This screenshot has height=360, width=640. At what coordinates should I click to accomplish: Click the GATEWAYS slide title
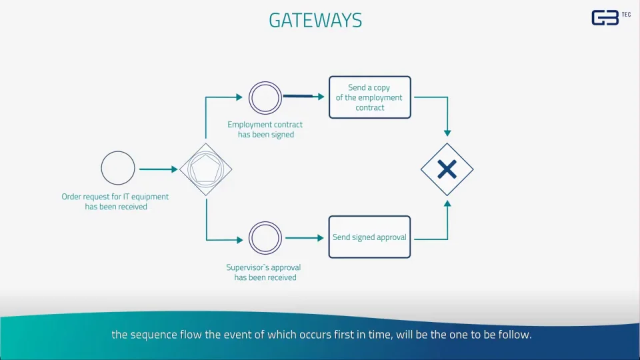[315, 20]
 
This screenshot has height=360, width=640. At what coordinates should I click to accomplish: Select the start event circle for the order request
[118, 168]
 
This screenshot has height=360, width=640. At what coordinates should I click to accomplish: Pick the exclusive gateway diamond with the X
[447, 169]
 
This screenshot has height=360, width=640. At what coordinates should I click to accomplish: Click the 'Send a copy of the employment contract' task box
[370, 97]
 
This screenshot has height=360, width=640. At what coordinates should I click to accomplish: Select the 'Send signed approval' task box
[370, 237]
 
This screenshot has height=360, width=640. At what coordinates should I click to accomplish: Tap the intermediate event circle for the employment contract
[265, 98]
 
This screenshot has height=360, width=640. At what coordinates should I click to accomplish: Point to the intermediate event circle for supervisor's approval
[265, 238]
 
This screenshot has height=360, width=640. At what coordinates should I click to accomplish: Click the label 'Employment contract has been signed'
[265, 129]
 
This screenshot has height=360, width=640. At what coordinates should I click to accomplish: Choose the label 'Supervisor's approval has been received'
[265, 273]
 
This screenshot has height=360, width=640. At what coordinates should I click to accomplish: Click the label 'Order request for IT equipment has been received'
[115, 201]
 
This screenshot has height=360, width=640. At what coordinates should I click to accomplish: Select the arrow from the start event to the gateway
[158, 169]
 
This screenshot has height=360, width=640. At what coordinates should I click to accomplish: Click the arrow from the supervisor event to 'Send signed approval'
[303, 238]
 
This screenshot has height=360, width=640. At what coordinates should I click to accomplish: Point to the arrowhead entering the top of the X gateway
[447, 133]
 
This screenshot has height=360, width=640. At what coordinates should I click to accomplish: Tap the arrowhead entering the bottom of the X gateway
[447, 203]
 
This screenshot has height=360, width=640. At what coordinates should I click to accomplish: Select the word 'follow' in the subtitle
[516, 335]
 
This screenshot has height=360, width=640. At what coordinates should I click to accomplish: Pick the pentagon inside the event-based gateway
[206, 171]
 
